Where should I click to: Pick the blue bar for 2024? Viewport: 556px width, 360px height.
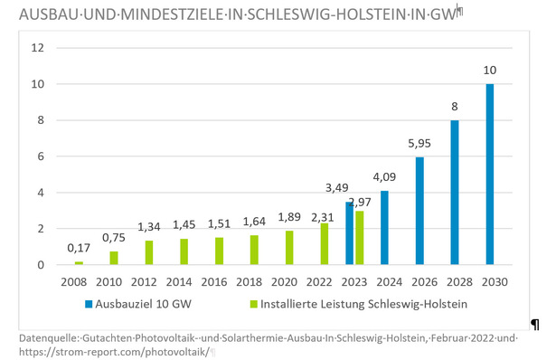384,228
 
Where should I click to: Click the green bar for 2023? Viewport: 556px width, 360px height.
360,238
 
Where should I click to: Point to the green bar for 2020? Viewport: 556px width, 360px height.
289,248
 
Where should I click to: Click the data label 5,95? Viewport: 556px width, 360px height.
419,142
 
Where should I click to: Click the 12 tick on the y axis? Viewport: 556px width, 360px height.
37,48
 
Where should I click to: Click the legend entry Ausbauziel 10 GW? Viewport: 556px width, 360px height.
148,304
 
